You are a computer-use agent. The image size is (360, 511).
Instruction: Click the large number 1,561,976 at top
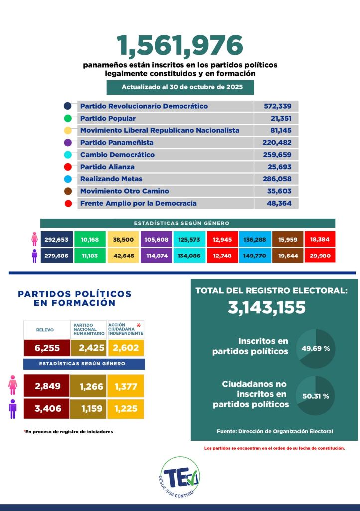tap(180, 46)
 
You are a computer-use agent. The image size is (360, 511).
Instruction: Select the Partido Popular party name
tap(108, 118)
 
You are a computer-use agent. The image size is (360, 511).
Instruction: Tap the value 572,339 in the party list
tap(277, 106)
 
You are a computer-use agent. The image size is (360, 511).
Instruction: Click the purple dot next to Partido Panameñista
tap(68, 143)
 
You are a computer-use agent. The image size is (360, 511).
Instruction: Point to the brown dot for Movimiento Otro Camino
tap(68, 191)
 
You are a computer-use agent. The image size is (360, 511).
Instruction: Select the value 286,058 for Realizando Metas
tap(277, 179)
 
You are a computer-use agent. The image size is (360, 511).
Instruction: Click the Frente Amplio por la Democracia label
tap(138, 203)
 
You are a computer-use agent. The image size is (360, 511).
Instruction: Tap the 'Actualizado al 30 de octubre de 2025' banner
tap(180, 87)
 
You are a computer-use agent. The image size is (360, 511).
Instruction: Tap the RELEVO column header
tap(45, 330)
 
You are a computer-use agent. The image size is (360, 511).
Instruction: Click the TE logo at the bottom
tap(180, 477)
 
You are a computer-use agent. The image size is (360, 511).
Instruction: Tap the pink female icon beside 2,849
tap(13, 385)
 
